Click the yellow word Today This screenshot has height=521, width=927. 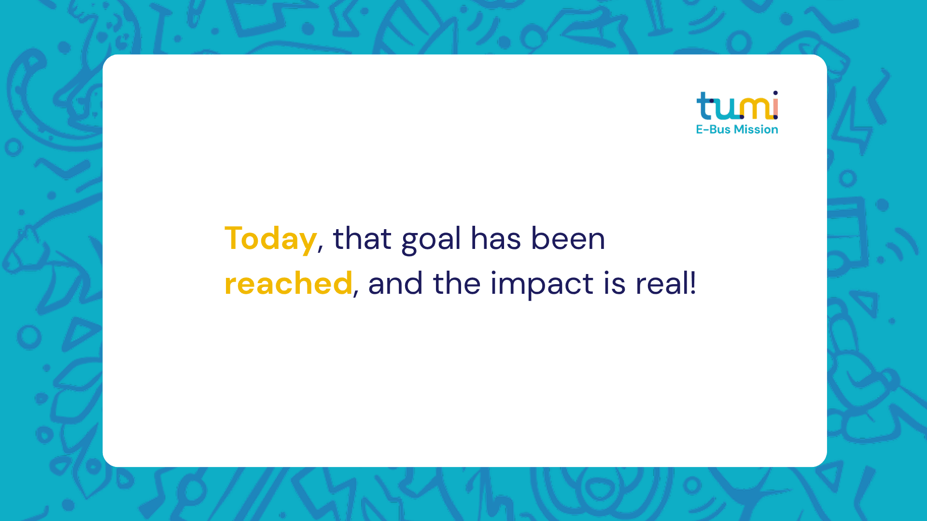pos(270,239)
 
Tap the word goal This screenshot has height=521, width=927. pos(431,240)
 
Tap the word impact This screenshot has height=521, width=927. pos(542,285)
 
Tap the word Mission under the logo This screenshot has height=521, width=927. pos(756,129)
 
